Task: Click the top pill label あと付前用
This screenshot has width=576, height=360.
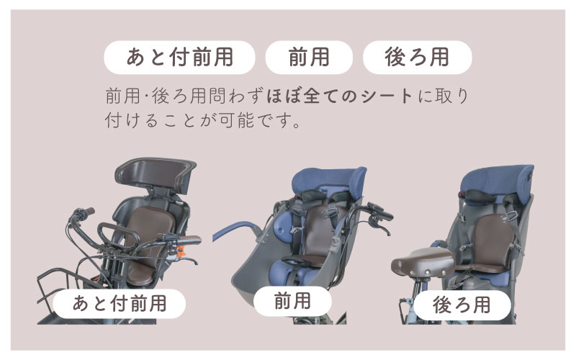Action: coord(179,58)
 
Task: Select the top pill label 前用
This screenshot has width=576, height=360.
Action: coord(309,58)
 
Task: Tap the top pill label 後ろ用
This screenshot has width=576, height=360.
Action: coord(418,58)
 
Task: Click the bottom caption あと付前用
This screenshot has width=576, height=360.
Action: coord(120,304)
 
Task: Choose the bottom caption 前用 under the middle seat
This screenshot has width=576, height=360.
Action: coord(292,301)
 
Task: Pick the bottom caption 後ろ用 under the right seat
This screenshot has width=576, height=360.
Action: coord(462,305)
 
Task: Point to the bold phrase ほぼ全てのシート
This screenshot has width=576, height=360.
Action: coord(340,96)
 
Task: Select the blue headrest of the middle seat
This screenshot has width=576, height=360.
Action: coord(329,182)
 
